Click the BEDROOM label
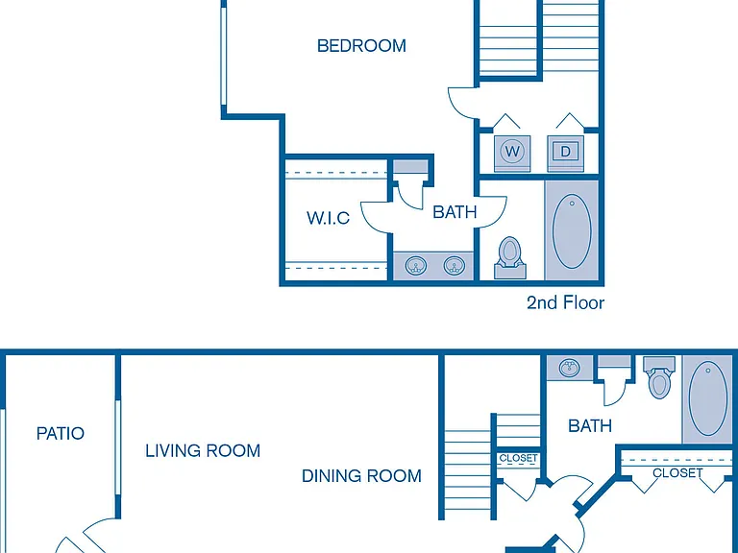tap(361, 46)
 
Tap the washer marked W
tap(512, 153)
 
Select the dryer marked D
tap(565, 153)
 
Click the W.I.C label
tap(328, 218)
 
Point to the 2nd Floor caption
tap(565, 302)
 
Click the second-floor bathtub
tap(572, 231)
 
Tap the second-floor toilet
tap(509, 257)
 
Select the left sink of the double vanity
tap(416, 266)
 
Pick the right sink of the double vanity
tap(454, 266)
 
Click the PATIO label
tap(61, 433)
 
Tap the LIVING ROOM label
tap(203, 450)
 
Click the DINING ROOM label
tap(361, 476)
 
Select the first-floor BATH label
tap(590, 426)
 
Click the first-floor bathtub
tap(708, 398)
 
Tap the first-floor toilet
tap(659, 377)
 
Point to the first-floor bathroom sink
tap(570, 368)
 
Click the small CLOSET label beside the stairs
tap(518, 458)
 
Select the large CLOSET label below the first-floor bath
tap(677, 472)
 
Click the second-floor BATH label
tap(455, 212)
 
